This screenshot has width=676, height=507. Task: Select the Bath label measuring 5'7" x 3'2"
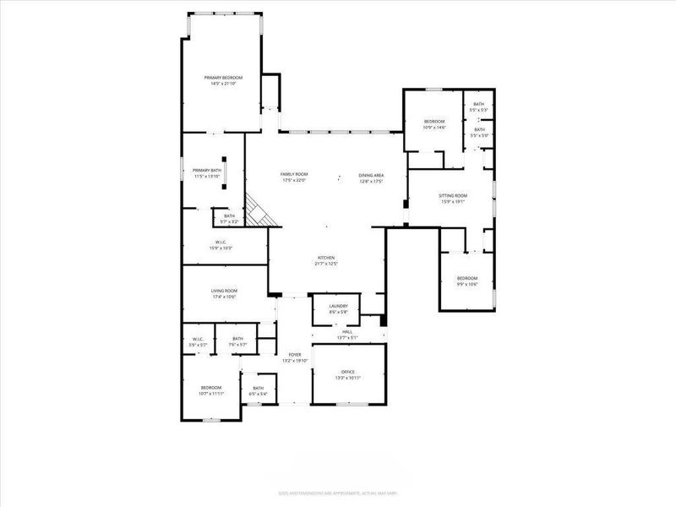click(229, 218)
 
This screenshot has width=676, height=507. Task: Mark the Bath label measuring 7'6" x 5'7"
click(237, 341)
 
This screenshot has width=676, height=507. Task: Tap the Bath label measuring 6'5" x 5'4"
click(258, 390)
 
